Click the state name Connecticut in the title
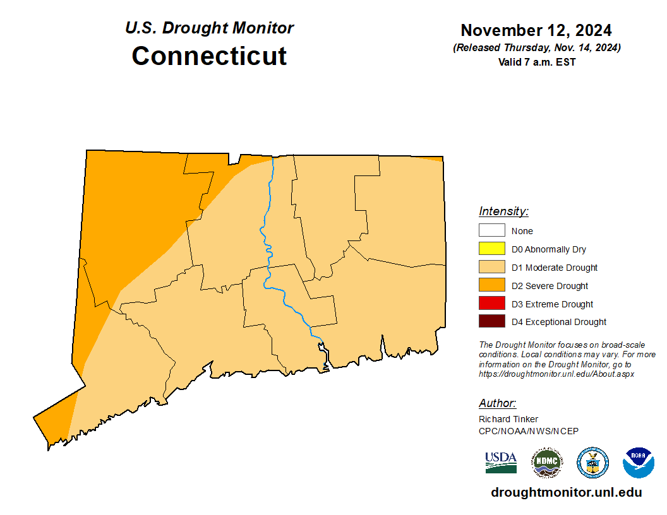(209, 56)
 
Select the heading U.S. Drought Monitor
(209, 28)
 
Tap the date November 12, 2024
(536, 30)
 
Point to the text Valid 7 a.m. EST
(536, 62)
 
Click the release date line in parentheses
(536, 48)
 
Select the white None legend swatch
(491, 231)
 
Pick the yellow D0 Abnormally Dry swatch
(491, 249)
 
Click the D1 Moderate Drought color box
(491, 268)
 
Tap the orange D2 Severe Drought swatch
(491, 286)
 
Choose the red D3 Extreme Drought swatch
(491, 304)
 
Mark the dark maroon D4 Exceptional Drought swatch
(491, 322)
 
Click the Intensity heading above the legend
(503, 211)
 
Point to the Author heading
(498, 403)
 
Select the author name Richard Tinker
(508, 419)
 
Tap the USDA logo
(501, 462)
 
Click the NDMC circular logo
(546, 463)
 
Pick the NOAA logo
(638, 463)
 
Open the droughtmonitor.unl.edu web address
(566, 493)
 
